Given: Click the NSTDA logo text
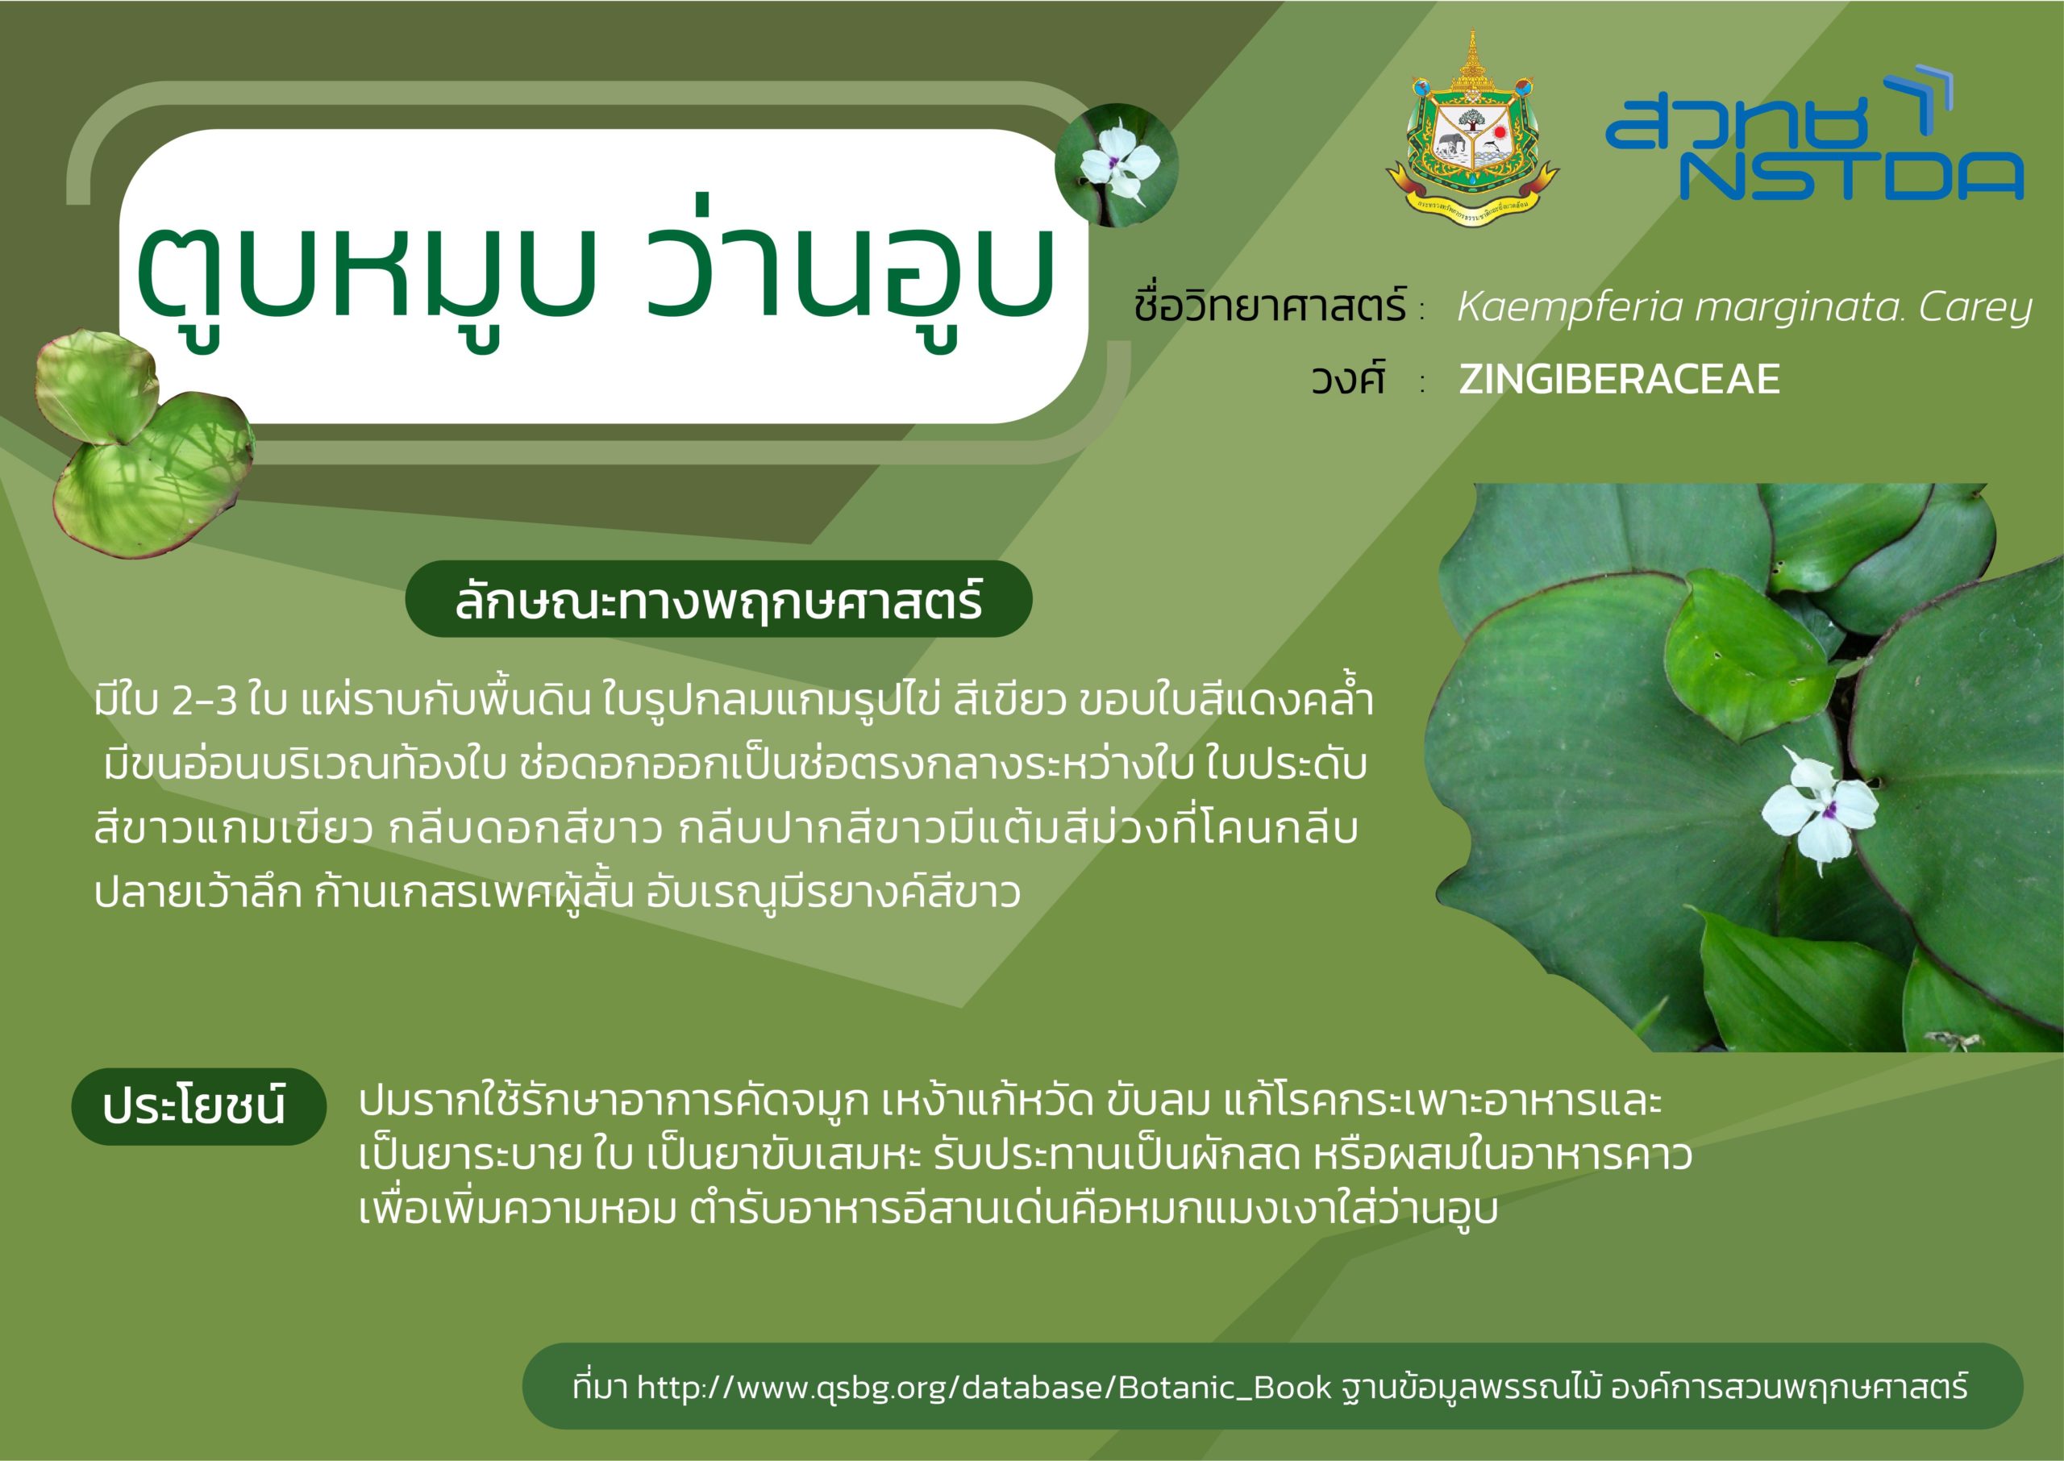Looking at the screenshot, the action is (x=1852, y=177).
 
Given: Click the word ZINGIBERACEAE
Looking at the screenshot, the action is (x=1619, y=379).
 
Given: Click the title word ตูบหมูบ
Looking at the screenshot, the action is (x=367, y=274).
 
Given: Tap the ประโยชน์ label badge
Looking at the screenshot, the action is (x=198, y=1105).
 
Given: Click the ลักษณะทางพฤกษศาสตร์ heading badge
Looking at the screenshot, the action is (x=718, y=599).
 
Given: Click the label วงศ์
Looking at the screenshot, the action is (x=1347, y=378).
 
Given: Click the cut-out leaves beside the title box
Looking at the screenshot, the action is (x=144, y=443).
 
